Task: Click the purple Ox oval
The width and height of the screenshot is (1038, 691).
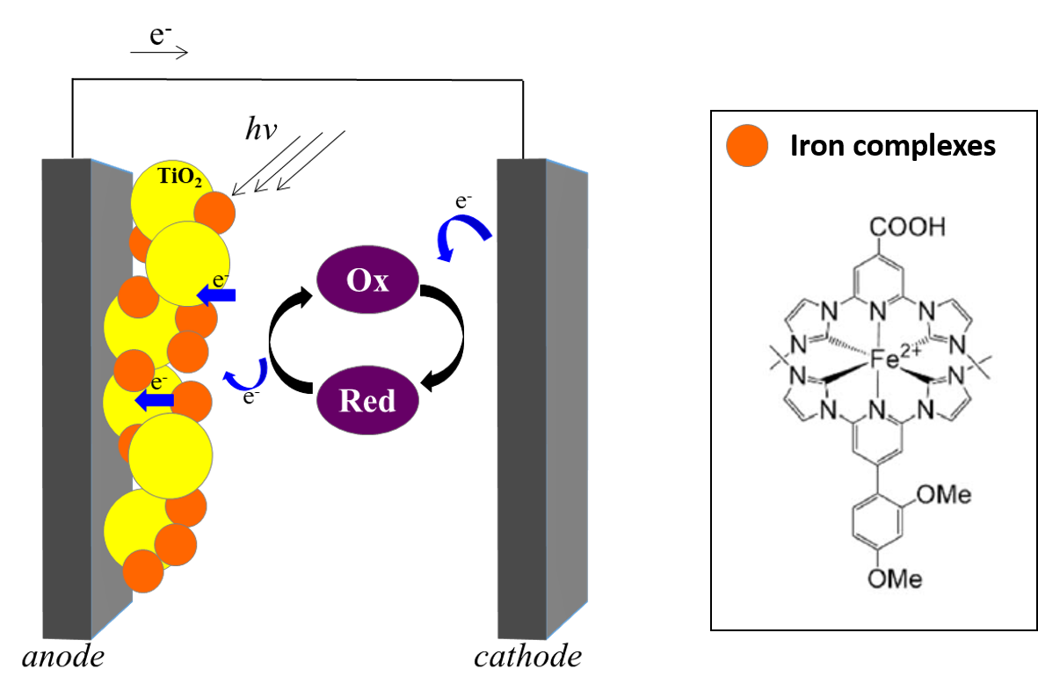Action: click(367, 280)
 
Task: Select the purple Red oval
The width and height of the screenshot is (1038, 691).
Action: click(367, 401)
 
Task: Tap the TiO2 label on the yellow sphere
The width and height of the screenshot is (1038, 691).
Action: click(179, 178)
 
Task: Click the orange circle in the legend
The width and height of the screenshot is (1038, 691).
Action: click(747, 145)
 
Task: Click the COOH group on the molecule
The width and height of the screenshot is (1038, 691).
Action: click(908, 227)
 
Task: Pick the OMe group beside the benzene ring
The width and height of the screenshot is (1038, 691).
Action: click(943, 495)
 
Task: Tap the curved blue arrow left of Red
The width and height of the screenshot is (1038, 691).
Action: click(247, 375)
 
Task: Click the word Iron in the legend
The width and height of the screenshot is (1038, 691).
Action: click(817, 145)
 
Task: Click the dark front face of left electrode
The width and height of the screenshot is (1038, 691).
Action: click(65, 396)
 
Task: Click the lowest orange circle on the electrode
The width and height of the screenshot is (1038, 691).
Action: click(143, 571)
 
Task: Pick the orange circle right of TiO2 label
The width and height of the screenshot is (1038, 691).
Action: click(214, 212)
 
